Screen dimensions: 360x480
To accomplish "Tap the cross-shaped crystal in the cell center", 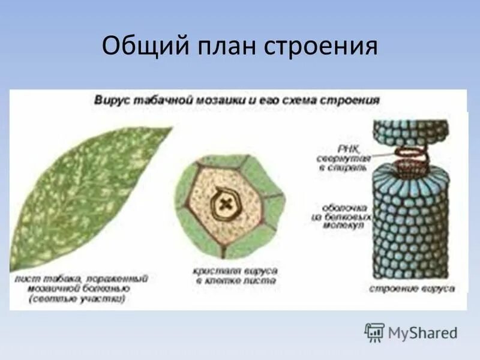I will tap(225, 204).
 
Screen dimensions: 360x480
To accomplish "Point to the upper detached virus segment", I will tap(410, 133).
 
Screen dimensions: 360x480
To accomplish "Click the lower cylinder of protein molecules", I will tap(410, 222).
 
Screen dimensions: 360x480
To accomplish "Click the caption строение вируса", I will tap(412, 289).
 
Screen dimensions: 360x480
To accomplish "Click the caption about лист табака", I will tap(82, 288).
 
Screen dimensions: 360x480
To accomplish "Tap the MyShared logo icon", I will tap(374, 332).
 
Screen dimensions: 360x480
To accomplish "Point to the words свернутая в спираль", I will tap(344, 163).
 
